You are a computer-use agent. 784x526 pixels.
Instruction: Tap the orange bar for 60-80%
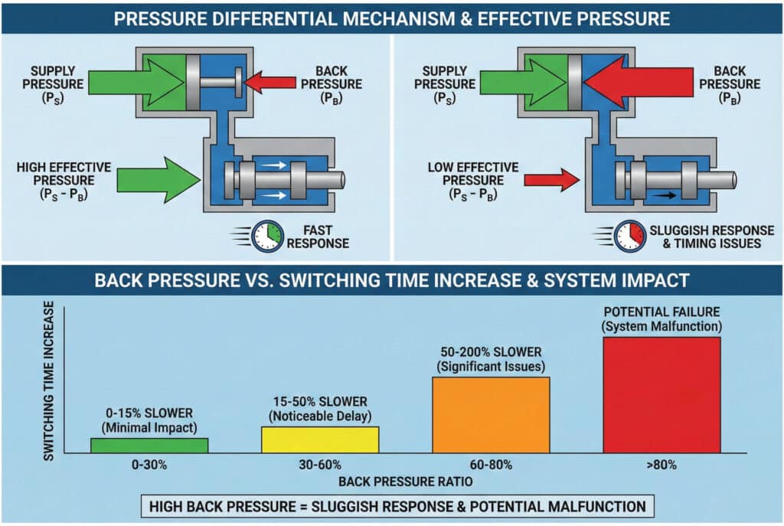[x=491, y=414]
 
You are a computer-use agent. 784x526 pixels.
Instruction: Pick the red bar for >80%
[x=661, y=394]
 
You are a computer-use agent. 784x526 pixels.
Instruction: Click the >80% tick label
[x=661, y=465]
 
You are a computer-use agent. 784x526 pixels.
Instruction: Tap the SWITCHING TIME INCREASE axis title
[x=49, y=380]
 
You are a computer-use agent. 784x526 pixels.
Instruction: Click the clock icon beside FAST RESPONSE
[x=269, y=237]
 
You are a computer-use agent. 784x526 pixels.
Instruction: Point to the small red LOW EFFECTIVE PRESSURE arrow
[x=551, y=181]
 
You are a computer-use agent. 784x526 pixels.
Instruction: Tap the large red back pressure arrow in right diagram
[x=627, y=80]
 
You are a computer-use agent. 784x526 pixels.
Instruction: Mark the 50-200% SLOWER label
[x=490, y=359]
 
